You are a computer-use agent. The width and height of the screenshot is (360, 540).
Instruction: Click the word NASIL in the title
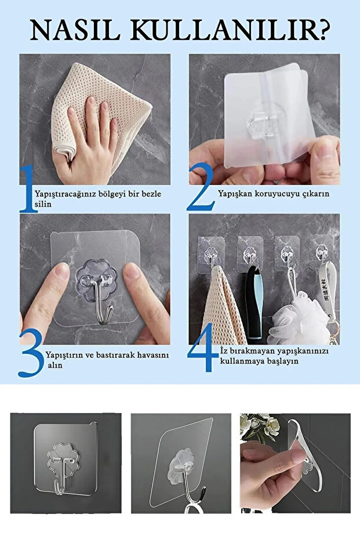point(75,31)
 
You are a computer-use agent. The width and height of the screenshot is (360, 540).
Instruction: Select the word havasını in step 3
point(153,355)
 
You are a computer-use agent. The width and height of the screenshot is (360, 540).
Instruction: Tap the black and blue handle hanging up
point(254,303)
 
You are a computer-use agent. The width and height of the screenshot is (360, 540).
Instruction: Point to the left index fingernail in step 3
point(62,271)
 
